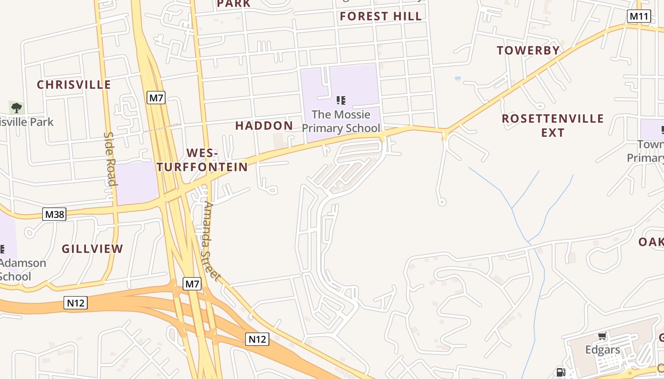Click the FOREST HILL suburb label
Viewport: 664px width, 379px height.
click(380, 16)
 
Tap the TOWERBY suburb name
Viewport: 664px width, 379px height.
click(528, 50)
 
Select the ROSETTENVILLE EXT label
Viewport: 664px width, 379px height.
click(553, 125)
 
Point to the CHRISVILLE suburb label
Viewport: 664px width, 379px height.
click(74, 85)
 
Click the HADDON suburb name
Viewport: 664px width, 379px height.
click(264, 126)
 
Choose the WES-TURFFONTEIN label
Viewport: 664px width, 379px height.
click(203, 160)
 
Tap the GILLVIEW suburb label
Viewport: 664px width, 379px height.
click(92, 249)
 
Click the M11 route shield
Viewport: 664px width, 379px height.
click(638, 16)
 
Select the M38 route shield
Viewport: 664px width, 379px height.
click(54, 214)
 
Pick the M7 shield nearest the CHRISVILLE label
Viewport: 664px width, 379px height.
click(156, 98)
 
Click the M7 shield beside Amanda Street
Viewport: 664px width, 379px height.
click(192, 284)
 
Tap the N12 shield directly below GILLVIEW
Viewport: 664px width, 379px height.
click(75, 303)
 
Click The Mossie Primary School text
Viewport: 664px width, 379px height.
click(341, 121)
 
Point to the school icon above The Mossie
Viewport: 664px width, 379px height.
click(341, 100)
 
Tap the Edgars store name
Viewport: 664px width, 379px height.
click(602, 350)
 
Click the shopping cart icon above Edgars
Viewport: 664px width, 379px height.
click(602, 336)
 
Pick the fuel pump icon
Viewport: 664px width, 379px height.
click(561, 372)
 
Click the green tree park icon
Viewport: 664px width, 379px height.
click(17, 108)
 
